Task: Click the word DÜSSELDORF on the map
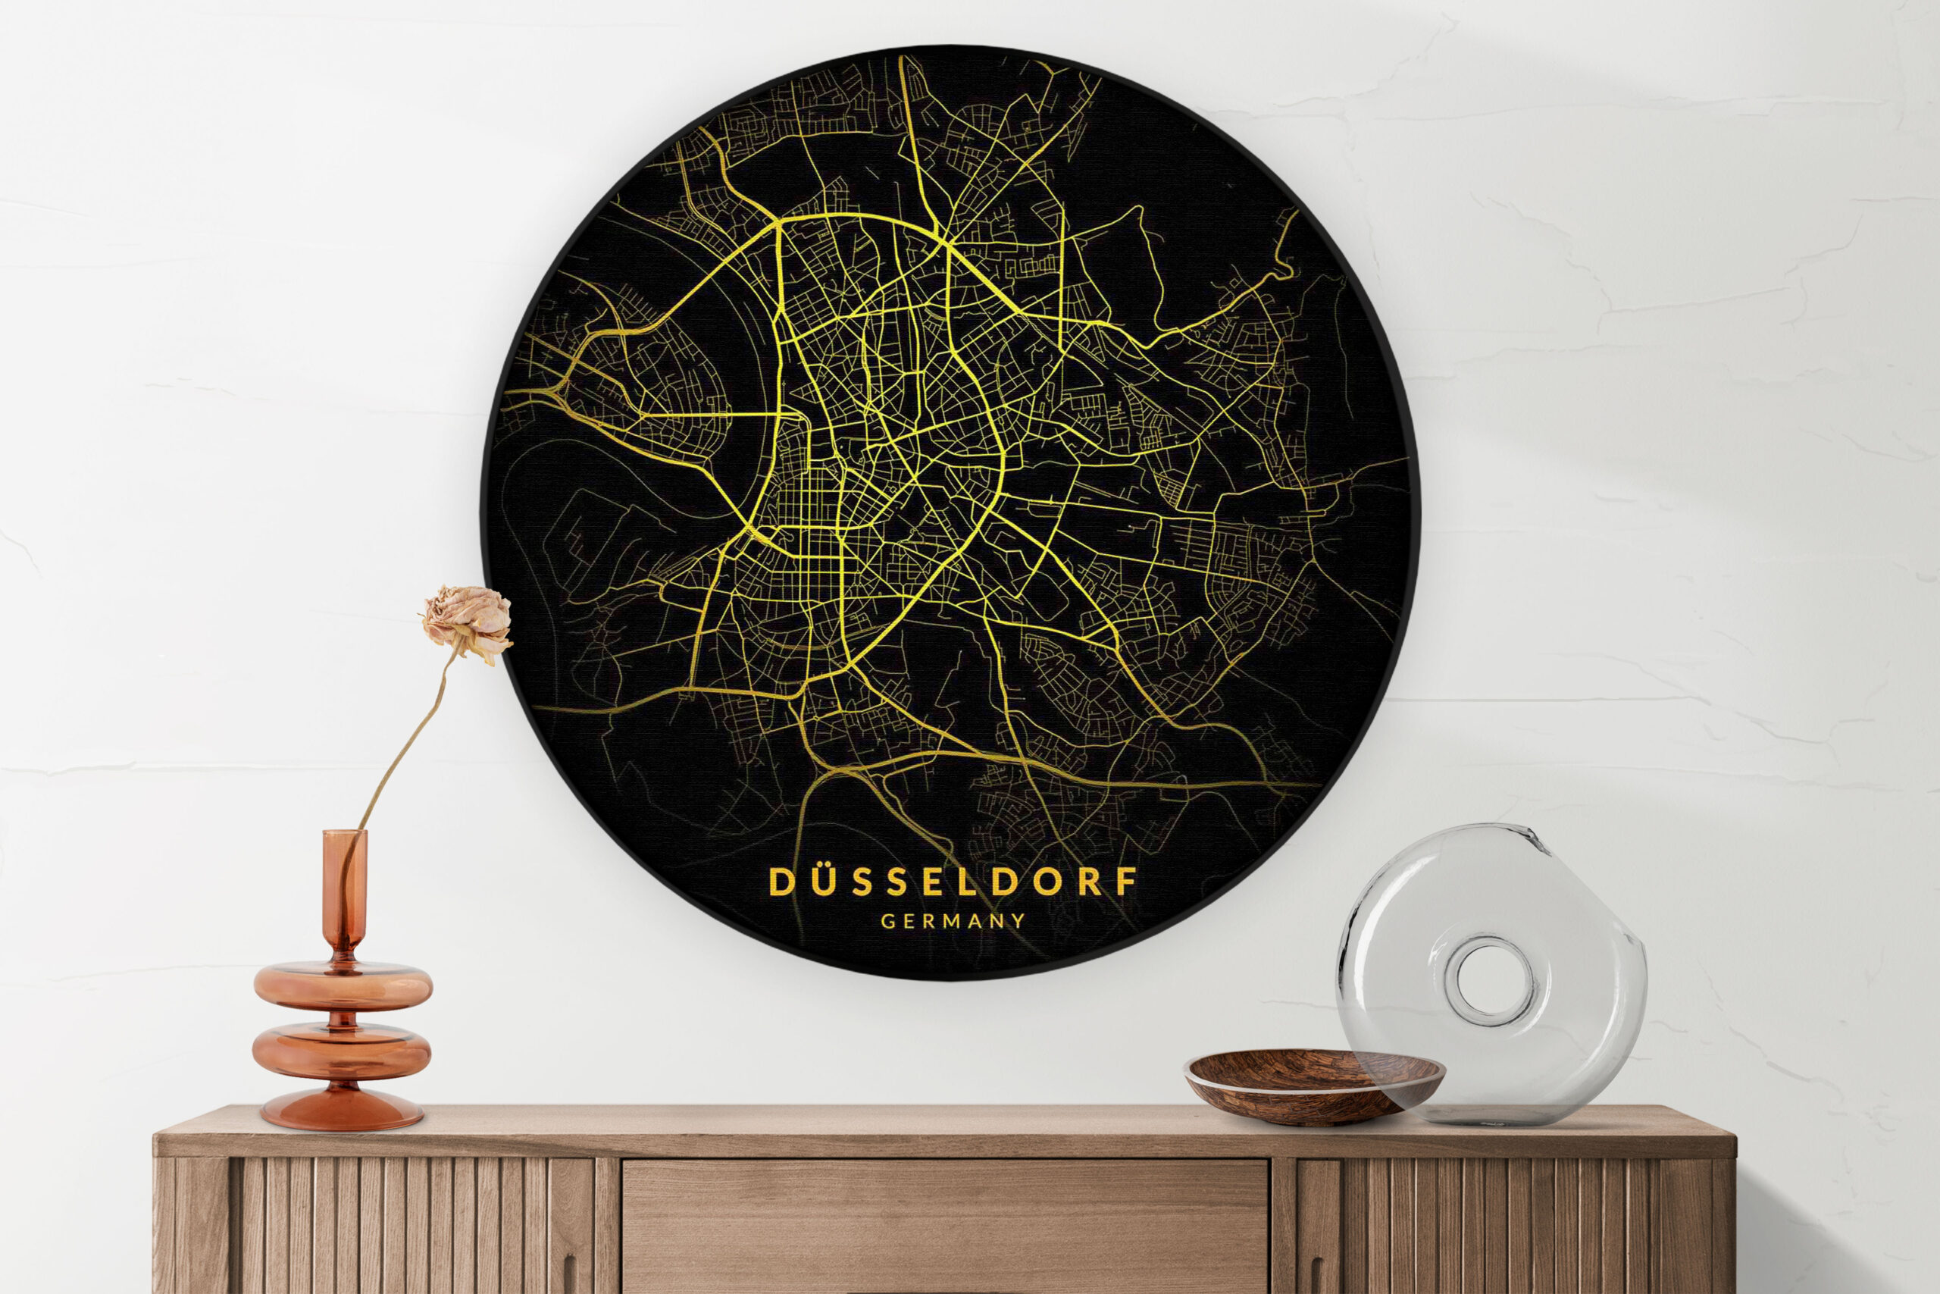(953, 882)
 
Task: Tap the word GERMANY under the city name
(953, 921)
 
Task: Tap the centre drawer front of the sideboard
(944, 1221)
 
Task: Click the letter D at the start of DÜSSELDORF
(780, 882)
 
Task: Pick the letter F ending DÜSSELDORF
(1127, 882)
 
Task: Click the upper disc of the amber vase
(343, 986)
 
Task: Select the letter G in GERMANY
(887, 921)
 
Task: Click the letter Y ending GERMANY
(1019, 921)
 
